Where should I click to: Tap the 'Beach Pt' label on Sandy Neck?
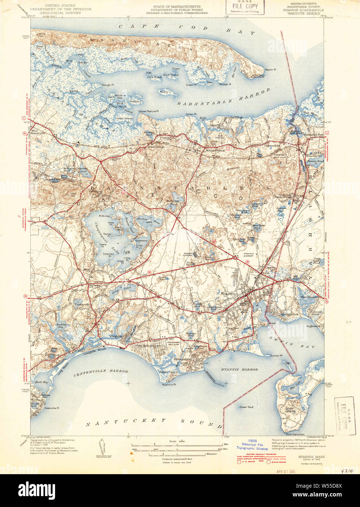(x=270, y=70)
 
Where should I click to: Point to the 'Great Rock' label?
(x=246, y=407)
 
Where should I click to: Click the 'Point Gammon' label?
(x=295, y=434)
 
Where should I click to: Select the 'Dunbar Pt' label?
(x=276, y=355)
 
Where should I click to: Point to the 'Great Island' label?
(x=290, y=410)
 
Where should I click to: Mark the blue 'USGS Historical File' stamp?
(x=252, y=444)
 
